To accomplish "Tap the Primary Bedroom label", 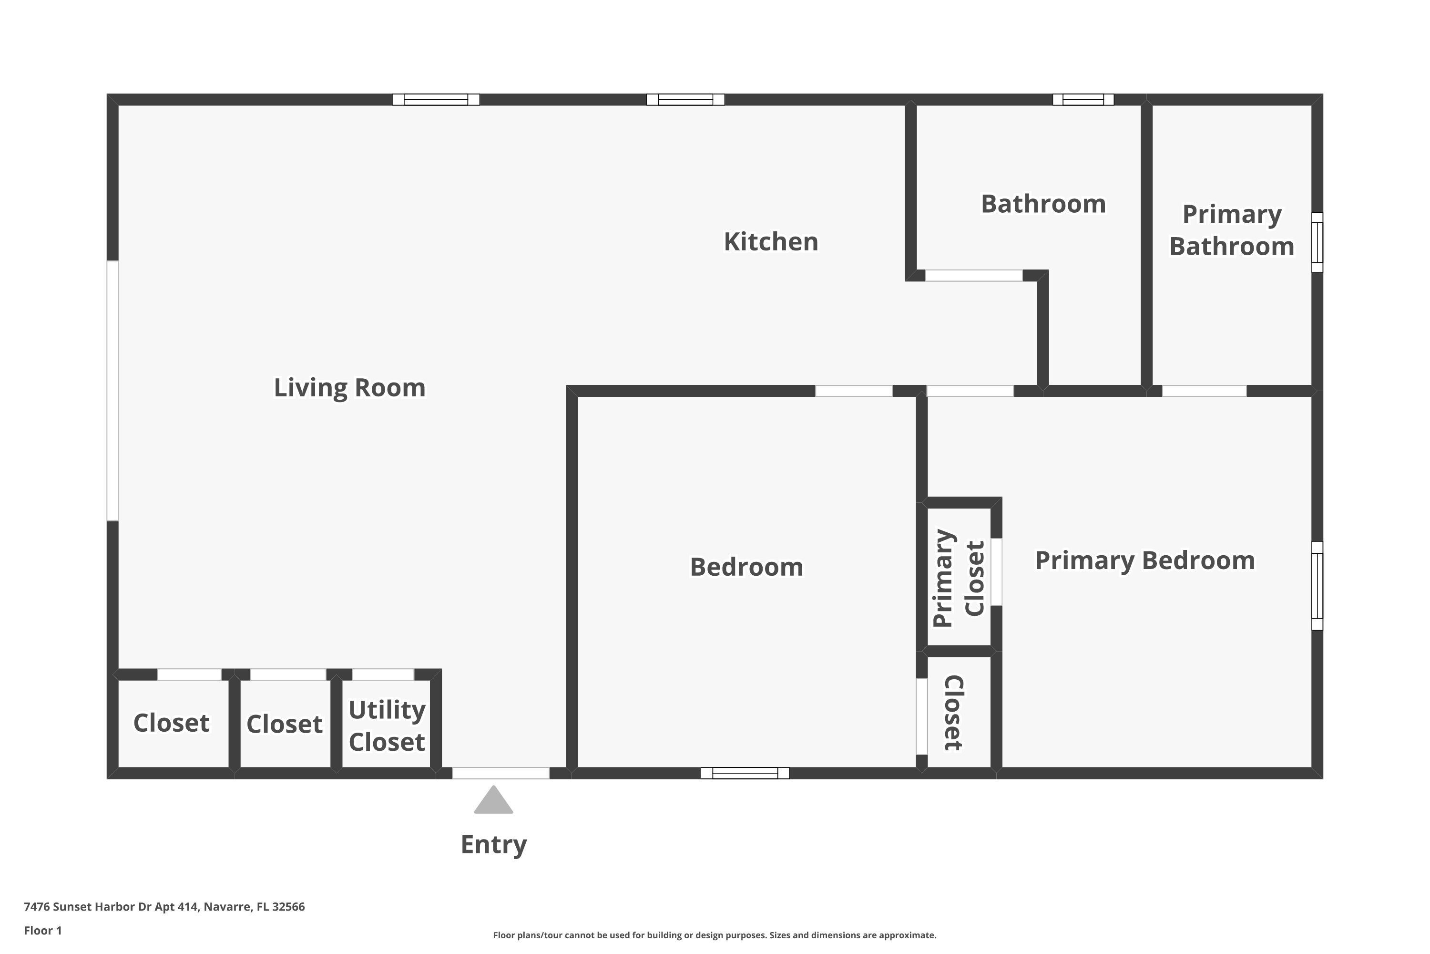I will [x=1144, y=560].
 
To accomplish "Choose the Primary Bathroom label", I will [x=1231, y=230].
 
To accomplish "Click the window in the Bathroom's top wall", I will [x=1083, y=100].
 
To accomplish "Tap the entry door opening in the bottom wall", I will [x=500, y=773].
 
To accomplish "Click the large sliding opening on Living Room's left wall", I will [x=112, y=391].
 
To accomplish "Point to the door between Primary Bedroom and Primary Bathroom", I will [x=1204, y=391].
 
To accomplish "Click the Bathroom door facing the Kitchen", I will [x=973, y=276].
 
